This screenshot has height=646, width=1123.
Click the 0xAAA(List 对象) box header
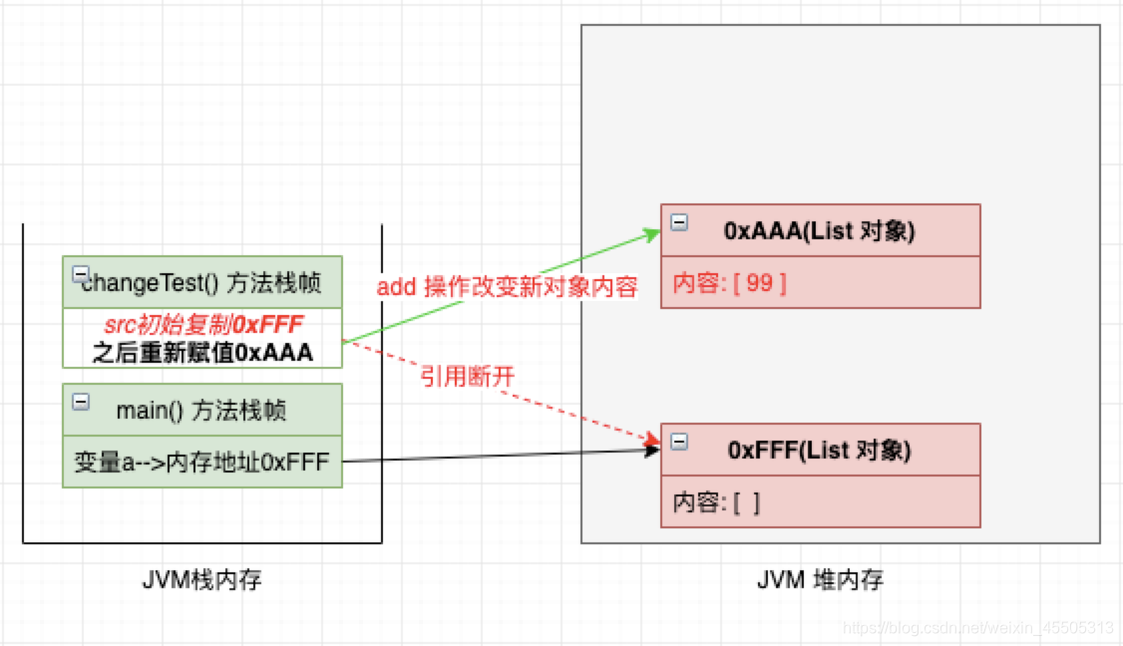coord(820,230)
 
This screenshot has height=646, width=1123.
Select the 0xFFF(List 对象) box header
coord(820,450)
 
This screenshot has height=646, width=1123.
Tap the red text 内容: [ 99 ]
coord(730,283)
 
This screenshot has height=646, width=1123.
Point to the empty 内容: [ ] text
coord(716,502)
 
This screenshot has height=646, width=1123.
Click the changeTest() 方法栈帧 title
coord(202,284)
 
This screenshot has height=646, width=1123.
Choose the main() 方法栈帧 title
coord(202,410)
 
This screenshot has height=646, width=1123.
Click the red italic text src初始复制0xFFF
coord(202,326)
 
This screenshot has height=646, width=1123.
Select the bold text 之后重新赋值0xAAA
coord(202,352)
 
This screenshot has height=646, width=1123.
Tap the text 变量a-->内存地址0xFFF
coord(201,463)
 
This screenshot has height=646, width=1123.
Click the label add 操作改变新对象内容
coord(507,287)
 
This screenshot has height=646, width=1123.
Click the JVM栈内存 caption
coord(202,579)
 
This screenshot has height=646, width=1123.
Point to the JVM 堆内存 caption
coord(820,579)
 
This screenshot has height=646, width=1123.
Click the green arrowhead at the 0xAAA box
coord(653,234)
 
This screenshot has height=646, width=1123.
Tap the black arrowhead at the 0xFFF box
coord(653,451)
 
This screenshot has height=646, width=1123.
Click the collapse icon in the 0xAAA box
coord(679,222)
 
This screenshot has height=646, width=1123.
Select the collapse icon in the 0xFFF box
coord(679,442)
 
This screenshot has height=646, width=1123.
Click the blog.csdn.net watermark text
coord(977,627)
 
